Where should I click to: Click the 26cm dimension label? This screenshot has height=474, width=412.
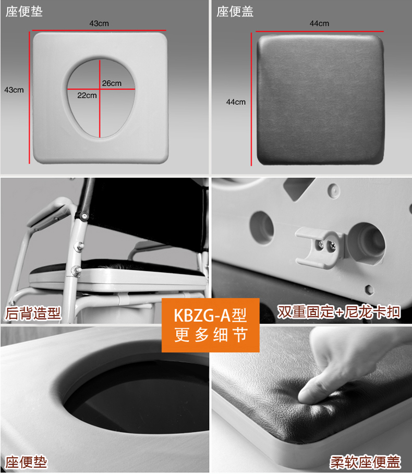[112, 83]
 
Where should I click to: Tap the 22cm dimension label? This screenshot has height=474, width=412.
[87, 95]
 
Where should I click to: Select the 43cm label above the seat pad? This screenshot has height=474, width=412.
[99, 23]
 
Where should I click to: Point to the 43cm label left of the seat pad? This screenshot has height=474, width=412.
[14, 90]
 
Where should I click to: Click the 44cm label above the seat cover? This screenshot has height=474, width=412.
[319, 23]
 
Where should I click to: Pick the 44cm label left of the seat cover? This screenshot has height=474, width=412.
[236, 102]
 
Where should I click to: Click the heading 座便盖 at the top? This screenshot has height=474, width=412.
[235, 12]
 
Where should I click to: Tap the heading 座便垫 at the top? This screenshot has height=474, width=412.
[24, 12]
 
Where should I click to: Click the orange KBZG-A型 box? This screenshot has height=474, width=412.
[211, 325]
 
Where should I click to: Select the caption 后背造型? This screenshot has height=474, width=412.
[33, 313]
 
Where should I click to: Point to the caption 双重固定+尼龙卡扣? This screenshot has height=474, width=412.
[339, 312]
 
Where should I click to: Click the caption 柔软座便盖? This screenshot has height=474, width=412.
[365, 462]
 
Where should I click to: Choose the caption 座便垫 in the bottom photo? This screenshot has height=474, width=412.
[26, 462]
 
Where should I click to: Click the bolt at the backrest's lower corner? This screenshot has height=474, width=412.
[84, 216]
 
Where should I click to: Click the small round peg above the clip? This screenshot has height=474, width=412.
[333, 190]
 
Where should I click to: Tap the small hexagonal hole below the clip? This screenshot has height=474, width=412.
[369, 289]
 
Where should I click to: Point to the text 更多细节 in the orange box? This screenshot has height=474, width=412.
[211, 335]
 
